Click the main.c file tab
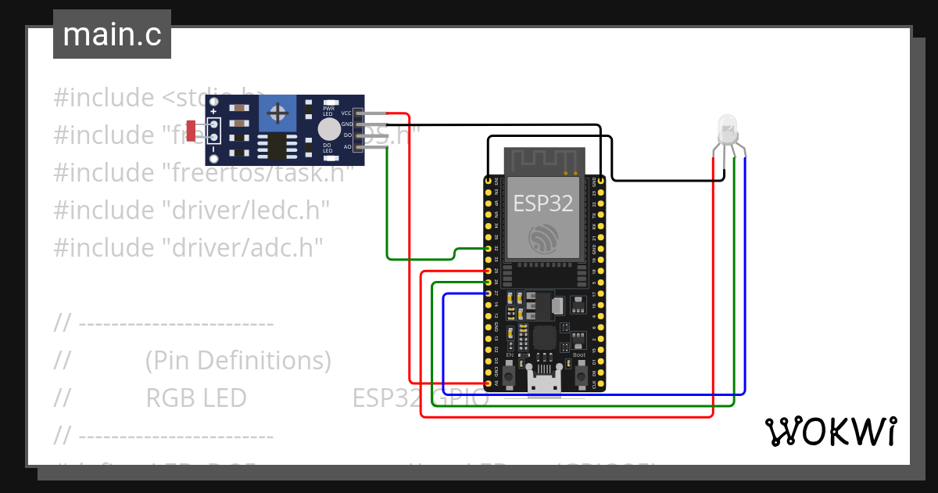click(x=112, y=34)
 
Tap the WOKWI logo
click(x=830, y=432)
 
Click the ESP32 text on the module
click(x=542, y=203)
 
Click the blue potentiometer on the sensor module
click(x=277, y=113)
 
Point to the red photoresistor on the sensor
click(x=192, y=128)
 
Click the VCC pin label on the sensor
click(x=345, y=113)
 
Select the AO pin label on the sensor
click(x=346, y=146)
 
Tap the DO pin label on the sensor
click(x=346, y=135)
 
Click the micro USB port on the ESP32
click(x=544, y=383)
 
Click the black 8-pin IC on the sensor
click(x=276, y=146)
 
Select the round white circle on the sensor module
click(x=329, y=130)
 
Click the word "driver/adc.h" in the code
click(x=242, y=247)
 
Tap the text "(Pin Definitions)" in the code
click(x=238, y=361)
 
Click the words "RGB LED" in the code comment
click(x=196, y=398)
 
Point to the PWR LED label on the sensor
click(x=328, y=111)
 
